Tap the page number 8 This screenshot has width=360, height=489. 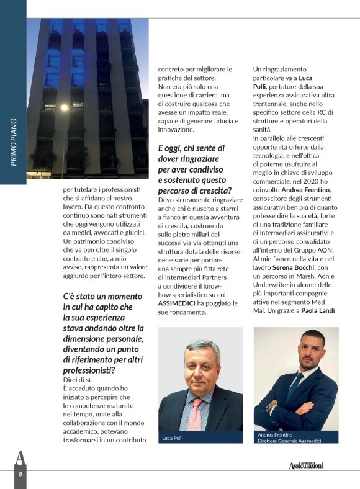click(x=19, y=473)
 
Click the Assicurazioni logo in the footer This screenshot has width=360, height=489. click(x=305, y=465)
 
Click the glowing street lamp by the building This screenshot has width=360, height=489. click(x=65, y=107)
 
